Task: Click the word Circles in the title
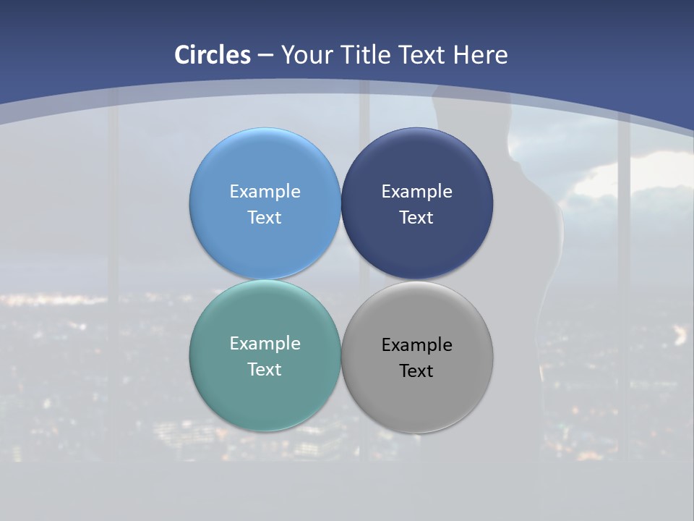click(x=213, y=55)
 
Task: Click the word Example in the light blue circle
click(x=265, y=192)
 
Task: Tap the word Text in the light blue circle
click(x=265, y=218)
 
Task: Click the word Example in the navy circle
click(x=416, y=192)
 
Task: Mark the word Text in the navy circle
click(x=416, y=218)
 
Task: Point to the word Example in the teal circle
click(x=265, y=344)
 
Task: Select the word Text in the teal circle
click(x=265, y=370)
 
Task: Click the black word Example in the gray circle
click(x=416, y=345)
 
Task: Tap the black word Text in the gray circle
click(x=416, y=371)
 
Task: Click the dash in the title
click(x=265, y=55)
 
